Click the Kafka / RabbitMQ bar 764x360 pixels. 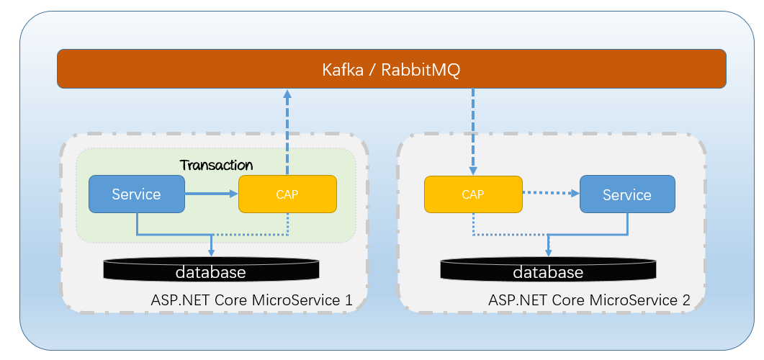click(x=391, y=69)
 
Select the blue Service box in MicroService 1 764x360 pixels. click(x=136, y=194)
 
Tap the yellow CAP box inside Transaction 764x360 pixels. click(x=287, y=194)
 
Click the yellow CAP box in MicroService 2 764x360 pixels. click(x=472, y=194)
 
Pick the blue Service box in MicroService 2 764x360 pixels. click(x=626, y=194)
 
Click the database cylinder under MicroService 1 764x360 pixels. click(x=211, y=271)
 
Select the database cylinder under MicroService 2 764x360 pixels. click(x=548, y=271)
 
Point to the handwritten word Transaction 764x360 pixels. click(x=216, y=165)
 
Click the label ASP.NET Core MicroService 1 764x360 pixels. click(x=251, y=300)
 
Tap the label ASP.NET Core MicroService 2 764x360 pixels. click(x=589, y=300)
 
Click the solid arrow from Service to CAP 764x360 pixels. click(x=212, y=194)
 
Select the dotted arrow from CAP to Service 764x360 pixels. click(x=551, y=193)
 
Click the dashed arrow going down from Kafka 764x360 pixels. click(x=472, y=130)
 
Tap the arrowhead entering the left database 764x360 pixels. click(x=211, y=251)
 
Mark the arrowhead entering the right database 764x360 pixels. click(x=548, y=251)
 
